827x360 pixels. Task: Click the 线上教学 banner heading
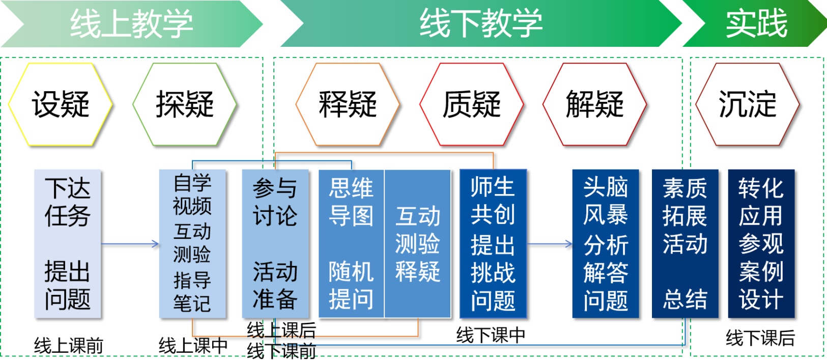point(131,23)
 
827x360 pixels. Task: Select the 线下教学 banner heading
point(481,23)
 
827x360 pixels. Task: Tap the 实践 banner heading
point(756,23)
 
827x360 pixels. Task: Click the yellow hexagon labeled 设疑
point(61,104)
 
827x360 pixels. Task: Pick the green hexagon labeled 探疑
point(185,104)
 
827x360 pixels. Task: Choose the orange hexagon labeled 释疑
point(348,104)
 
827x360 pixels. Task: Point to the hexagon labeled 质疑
point(471,104)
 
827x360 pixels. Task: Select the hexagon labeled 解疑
point(594,104)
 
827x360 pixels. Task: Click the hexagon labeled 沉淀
point(747,104)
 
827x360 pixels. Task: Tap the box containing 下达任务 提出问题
point(68,244)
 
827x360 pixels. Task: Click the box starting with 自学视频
point(192,244)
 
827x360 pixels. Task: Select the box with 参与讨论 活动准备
point(275,244)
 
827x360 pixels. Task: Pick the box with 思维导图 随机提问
point(351,244)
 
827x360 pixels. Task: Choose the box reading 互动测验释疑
point(417,244)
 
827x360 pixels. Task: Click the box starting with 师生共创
point(493,244)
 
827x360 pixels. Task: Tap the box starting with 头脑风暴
point(606,244)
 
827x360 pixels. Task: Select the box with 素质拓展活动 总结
point(685,244)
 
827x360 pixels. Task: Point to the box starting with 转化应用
point(761,244)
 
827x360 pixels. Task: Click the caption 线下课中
point(491,335)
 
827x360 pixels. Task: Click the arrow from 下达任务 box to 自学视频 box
point(130,244)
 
